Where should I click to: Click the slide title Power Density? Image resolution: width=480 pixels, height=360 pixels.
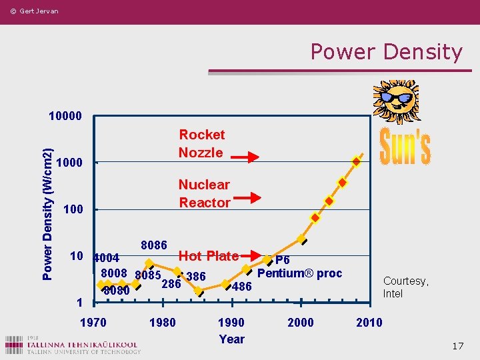coord(386,52)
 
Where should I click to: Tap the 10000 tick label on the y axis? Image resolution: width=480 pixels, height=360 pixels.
coord(65,115)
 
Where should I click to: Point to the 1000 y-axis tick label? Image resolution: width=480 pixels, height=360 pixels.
coord(69,163)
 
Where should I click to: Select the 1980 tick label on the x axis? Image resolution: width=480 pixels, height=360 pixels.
coord(162,323)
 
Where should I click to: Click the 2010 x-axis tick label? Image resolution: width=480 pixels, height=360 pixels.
coord(369,323)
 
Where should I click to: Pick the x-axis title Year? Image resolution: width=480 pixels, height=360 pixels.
coord(231,339)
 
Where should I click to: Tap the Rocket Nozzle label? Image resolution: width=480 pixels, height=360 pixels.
coord(201,143)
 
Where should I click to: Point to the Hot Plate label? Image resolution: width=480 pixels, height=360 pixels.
coord(208,256)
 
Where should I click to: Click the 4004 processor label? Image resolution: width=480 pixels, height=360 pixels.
coord(107,258)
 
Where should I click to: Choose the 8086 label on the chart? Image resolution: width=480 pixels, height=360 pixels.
coord(154,245)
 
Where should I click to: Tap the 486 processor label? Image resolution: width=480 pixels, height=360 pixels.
coord(241,287)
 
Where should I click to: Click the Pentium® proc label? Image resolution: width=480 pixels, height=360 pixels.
coord(299,273)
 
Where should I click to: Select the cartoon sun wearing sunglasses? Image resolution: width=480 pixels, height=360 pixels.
coord(396,100)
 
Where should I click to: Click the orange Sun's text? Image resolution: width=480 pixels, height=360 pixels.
coord(405,147)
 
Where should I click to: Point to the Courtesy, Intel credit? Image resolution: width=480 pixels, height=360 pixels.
coord(405,287)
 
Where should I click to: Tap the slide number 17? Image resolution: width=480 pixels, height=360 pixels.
coord(457,346)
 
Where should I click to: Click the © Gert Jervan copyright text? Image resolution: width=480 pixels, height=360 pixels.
coord(34,11)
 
